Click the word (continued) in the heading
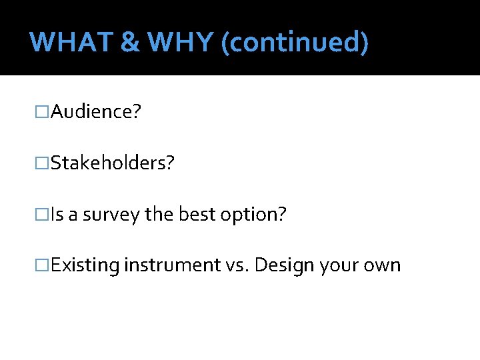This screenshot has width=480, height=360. [x=294, y=43]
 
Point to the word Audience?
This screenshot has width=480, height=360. [x=95, y=111]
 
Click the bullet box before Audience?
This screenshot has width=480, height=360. [x=43, y=111]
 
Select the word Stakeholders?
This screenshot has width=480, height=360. [x=112, y=163]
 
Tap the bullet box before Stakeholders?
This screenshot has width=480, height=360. [x=43, y=163]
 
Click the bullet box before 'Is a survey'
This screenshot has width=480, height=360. [x=43, y=214]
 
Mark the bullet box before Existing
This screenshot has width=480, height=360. [x=43, y=265]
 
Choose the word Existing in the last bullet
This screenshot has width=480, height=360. [x=85, y=265]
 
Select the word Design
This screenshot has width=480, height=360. [x=285, y=265]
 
